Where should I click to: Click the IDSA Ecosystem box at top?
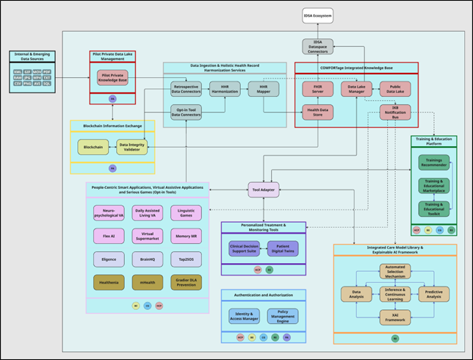click(x=317, y=14)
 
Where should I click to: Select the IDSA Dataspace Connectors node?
click(x=317, y=46)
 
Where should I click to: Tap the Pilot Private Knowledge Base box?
click(x=113, y=78)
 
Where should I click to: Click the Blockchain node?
click(x=93, y=147)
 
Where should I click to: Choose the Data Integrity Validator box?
click(x=131, y=147)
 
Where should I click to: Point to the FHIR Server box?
click(x=317, y=89)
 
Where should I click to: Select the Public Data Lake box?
click(x=394, y=89)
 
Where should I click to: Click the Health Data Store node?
click(x=317, y=112)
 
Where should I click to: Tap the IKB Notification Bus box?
click(x=394, y=112)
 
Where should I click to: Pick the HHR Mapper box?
click(x=263, y=89)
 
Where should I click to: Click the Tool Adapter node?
click(x=263, y=190)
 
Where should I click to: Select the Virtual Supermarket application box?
click(x=148, y=236)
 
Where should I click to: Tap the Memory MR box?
click(x=187, y=236)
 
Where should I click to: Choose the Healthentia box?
click(x=109, y=281)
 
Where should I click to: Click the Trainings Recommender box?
click(x=433, y=162)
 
